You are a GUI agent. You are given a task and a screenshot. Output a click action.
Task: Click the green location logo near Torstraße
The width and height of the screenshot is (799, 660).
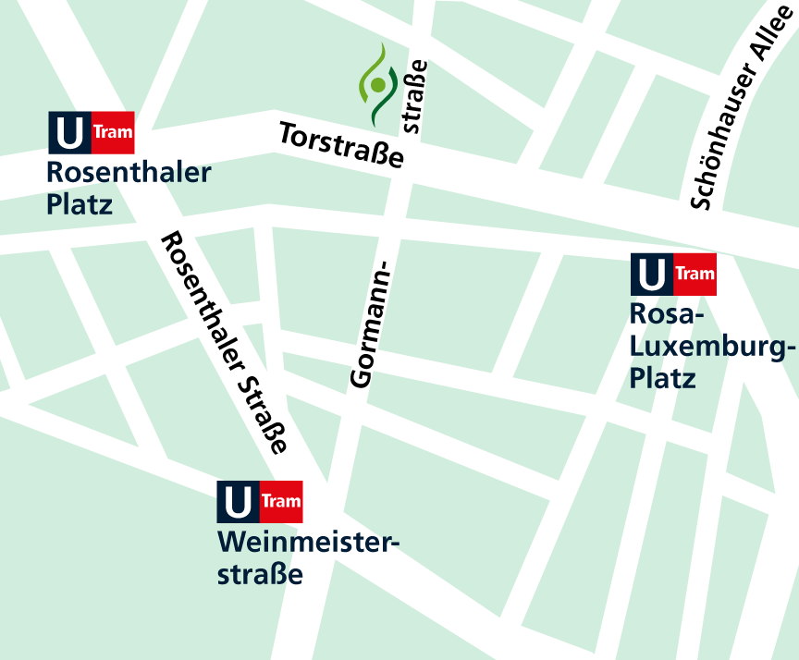click(376, 86)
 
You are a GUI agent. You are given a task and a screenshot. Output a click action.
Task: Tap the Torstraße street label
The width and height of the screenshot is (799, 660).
click(342, 146)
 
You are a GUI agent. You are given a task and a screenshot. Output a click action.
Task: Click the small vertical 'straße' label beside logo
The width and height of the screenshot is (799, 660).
click(414, 96)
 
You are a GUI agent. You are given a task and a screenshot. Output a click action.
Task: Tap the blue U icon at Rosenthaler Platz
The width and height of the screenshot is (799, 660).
click(69, 133)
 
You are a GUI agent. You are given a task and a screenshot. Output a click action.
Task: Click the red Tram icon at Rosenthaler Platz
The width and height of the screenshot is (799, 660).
click(113, 133)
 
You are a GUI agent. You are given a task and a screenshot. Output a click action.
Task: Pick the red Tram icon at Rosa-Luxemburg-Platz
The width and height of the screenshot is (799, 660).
click(695, 275)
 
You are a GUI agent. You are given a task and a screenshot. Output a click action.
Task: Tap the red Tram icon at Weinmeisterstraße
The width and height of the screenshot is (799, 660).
click(281, 502)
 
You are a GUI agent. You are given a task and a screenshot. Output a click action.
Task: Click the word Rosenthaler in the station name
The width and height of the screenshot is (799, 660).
click(129, 173)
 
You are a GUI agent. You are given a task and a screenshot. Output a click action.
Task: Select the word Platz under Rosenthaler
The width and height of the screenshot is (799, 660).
click(80, 203)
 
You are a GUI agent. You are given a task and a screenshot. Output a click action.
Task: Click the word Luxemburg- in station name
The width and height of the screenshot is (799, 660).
click(712, 348)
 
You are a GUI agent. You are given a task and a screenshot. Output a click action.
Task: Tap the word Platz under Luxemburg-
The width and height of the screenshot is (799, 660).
click(662, 378)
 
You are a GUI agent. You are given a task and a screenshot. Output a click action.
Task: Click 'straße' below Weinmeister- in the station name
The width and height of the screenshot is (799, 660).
click(260, 574)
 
